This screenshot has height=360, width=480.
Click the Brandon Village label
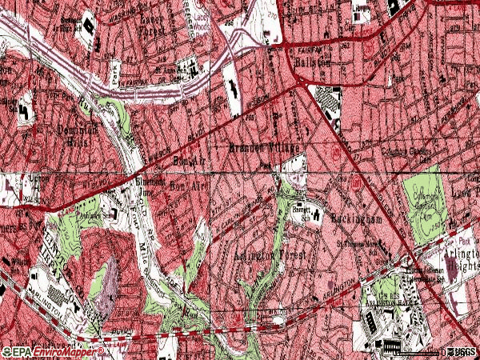pyautogui.click(x=264, y=149)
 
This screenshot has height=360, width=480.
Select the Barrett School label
pyautogui.click(x=301, y=210)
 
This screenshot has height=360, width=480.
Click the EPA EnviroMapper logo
pyautogui.click(x=52, y=351)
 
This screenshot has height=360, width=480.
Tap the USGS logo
pyautogui.click(x=461, y=351)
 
